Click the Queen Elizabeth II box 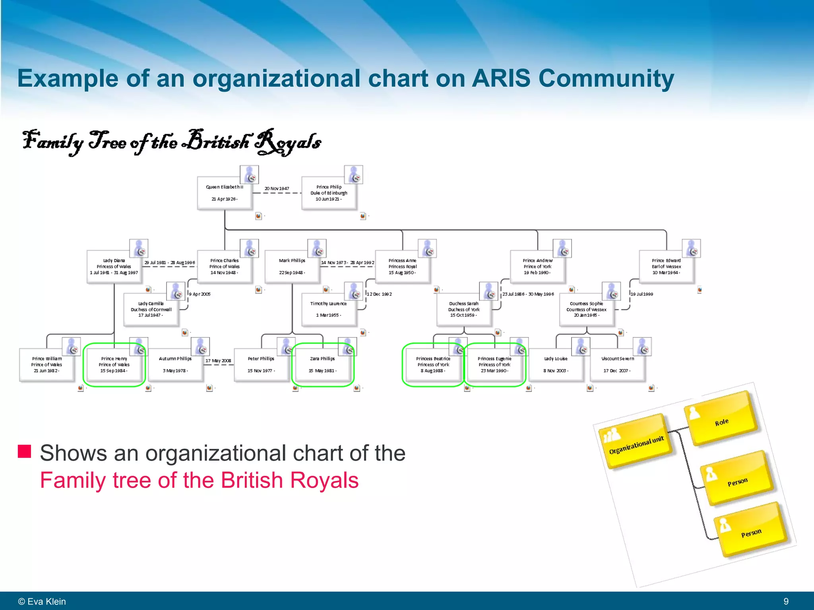[x=225, y=193]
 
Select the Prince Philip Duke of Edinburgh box [x=329, y=193]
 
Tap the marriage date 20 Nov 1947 [x=277, y=189]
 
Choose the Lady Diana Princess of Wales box [x=114, y=266]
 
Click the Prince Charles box [x=225, y=266]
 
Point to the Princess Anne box [x=402, y=266]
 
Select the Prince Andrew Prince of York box [x=537, y=266]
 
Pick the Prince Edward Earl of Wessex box [x=666, y=266]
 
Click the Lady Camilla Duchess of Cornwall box [x=151, y=309]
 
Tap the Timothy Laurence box [x=328, y=309]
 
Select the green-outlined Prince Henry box [x=114, y=365]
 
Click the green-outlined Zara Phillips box [x=322, y=365]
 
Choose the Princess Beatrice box [x=433, y=365]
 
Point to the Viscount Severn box [x=617, y=365]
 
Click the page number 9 [x=786, y=601]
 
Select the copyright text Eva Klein [x=42, y=601]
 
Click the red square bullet [x=24, y=452]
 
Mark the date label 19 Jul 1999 [x=642, y=294]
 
